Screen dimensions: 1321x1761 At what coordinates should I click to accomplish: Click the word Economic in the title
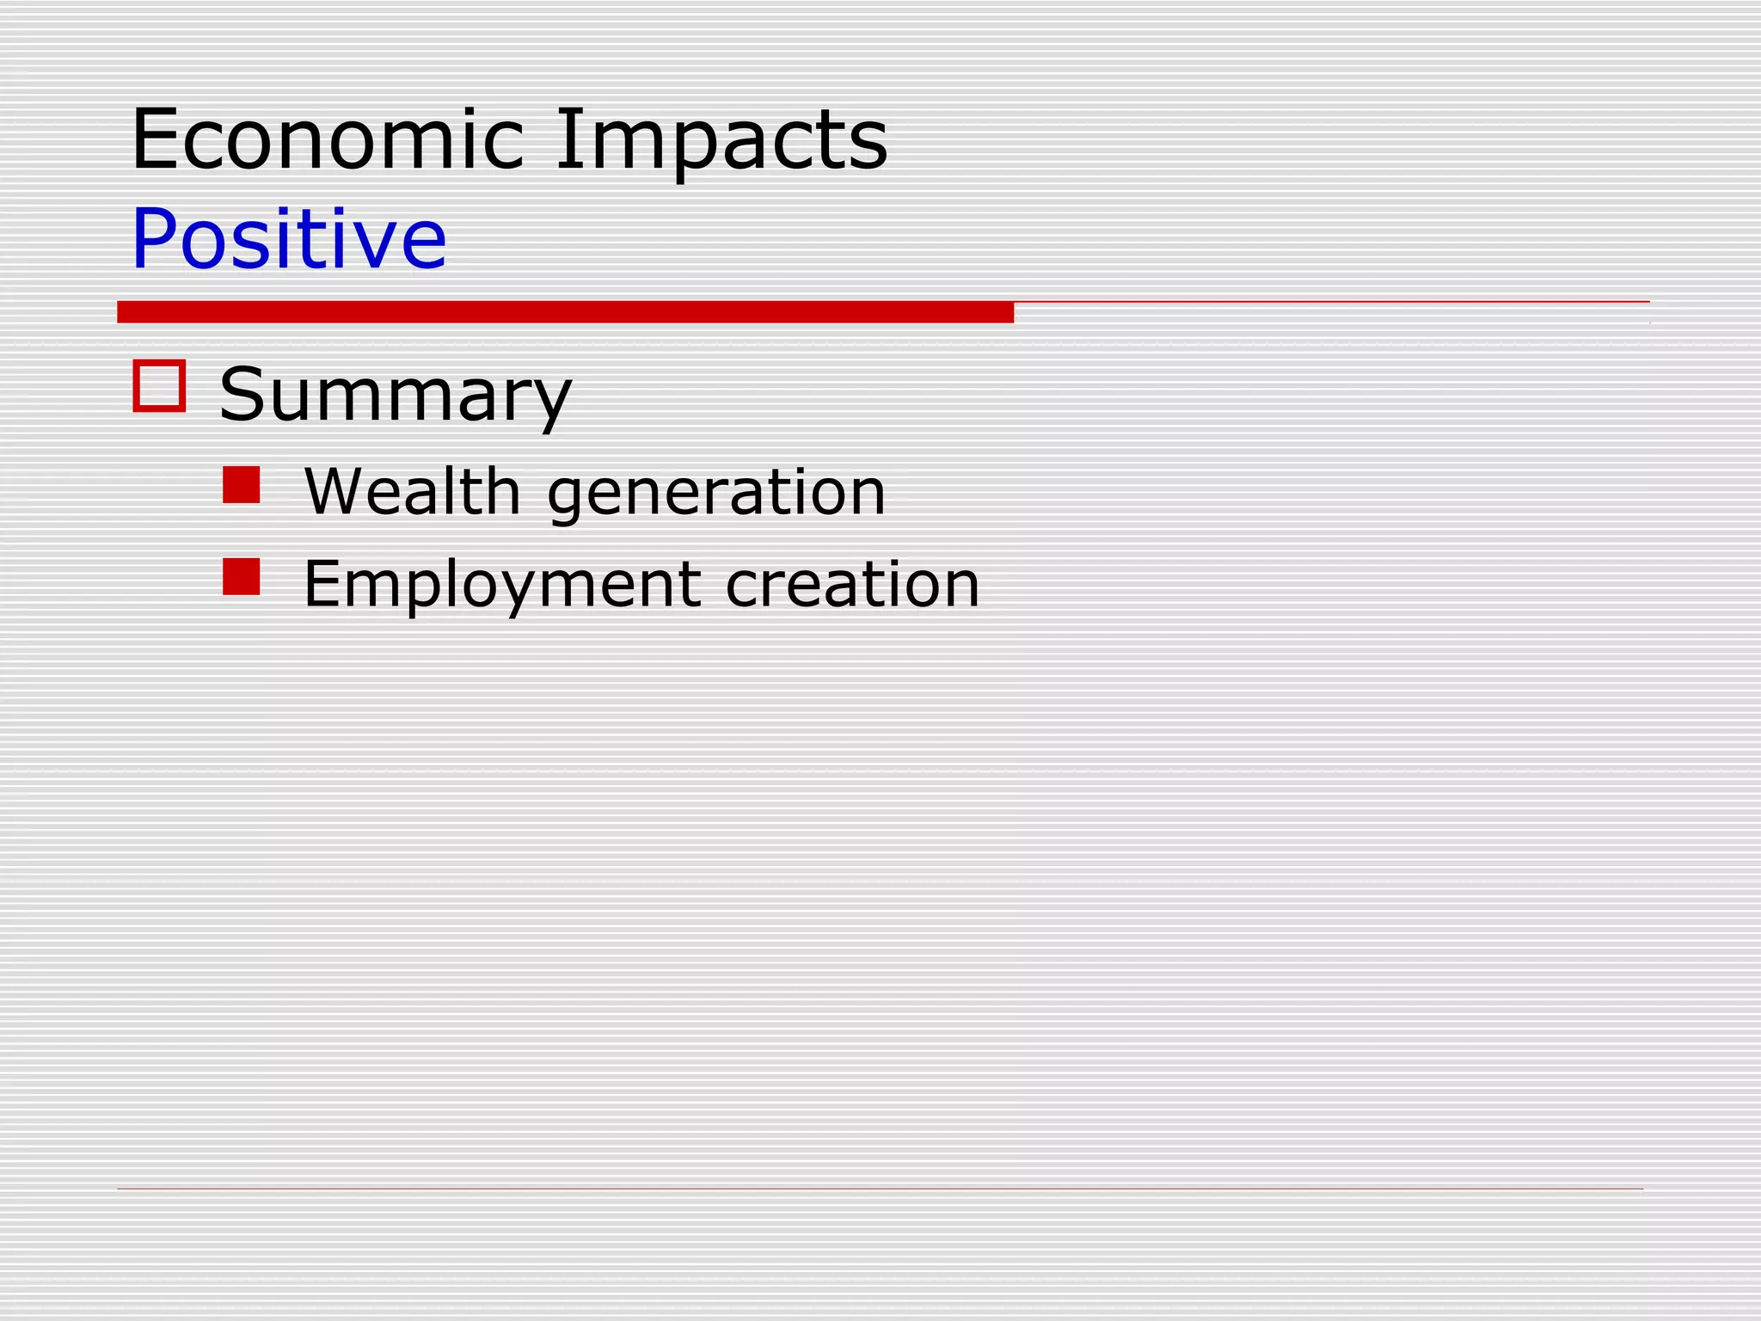coord(328,139)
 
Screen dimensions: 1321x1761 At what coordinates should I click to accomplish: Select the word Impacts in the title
coord(721,139)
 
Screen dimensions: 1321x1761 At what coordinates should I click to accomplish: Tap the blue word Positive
coord(289,238)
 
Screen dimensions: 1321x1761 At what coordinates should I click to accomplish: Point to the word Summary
coord(396,395)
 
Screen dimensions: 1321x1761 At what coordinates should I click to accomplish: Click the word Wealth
coord(413,491)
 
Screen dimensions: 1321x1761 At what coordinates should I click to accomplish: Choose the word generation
coord(716,493)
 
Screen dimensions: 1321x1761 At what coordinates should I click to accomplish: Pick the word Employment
coord(502,585)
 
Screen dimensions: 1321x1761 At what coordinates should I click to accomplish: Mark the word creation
coord(852,584)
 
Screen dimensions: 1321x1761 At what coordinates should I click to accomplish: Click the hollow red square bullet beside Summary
coord(159,386)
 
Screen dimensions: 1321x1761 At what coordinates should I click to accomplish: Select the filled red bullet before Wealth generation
coord(241,485)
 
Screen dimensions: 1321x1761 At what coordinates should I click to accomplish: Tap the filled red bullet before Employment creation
coord(241,577)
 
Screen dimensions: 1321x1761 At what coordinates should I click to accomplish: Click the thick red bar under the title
coord(565,312)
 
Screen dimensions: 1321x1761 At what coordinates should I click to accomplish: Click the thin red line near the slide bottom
coord(880,1189)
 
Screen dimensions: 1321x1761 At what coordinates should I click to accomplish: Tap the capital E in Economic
coord(155,139)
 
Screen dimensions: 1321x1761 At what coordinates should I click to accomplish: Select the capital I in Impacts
coord(564,139)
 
